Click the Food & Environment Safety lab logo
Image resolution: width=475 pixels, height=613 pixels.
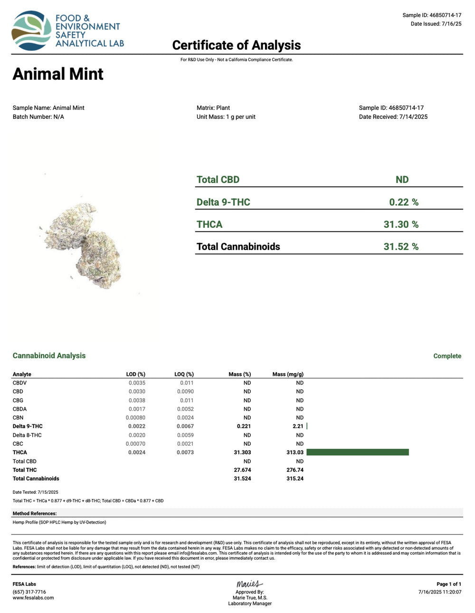pos(67,31)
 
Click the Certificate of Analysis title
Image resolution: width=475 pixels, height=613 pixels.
pos(236,45)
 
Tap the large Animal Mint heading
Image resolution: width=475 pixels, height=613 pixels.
pos(58,74)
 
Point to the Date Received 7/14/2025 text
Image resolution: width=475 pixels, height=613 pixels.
pos(393,117)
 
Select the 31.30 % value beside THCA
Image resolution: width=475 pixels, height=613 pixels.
pos(401,224)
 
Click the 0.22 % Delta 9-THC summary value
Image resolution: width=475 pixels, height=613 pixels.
pos(404,202)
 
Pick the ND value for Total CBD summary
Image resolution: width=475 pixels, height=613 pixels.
pos(402,180)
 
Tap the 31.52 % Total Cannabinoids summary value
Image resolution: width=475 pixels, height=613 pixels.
pos(401,247)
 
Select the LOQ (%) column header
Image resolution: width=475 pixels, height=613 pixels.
pos(184,374)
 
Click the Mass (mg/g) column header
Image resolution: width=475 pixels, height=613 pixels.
pos(288,374)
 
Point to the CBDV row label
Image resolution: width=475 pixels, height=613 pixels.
pos(19,383)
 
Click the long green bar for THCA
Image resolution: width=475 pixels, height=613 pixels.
pos(357,452)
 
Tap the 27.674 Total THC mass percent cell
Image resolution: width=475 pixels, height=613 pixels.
pos(242,470)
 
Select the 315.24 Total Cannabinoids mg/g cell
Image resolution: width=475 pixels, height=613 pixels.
pos(294,479)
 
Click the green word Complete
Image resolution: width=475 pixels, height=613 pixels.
pos(447,356)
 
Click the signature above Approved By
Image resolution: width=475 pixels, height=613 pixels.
pos(249,584)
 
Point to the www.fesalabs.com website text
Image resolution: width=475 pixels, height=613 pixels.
pos(33,598)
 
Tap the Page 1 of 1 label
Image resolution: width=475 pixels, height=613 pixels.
pos(448,584)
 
